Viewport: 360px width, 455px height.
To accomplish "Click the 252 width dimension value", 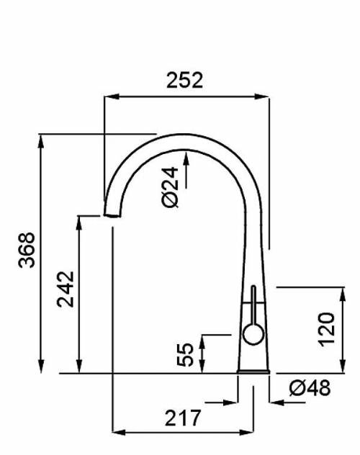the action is pos(185,81).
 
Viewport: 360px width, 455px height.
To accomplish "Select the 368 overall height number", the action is pos(27,250).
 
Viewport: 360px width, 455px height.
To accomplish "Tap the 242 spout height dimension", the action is pos(66,289).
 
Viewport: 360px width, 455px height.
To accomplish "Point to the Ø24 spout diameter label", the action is pos(170,187).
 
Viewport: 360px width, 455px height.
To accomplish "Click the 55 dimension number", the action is pos(185,355).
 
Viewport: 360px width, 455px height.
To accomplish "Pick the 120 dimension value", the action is pos(327,329).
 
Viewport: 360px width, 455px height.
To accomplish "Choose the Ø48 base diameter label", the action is pos(310,387).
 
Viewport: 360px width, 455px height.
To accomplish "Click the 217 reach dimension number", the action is pos(183,418).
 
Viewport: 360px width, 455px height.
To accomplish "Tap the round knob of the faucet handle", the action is pos(253,335).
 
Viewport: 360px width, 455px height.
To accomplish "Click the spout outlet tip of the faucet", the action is pos(112,215).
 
